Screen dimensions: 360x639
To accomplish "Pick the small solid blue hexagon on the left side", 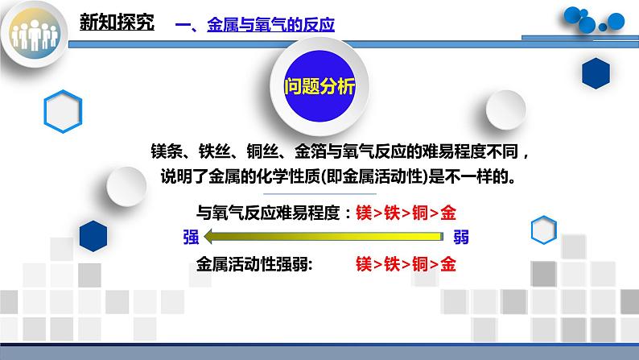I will click(94, 235).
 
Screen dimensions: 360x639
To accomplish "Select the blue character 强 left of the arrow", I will click(191, 237).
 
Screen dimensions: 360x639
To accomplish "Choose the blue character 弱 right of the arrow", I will click(460, 237).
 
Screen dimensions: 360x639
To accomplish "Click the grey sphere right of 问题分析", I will click(506, 110).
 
